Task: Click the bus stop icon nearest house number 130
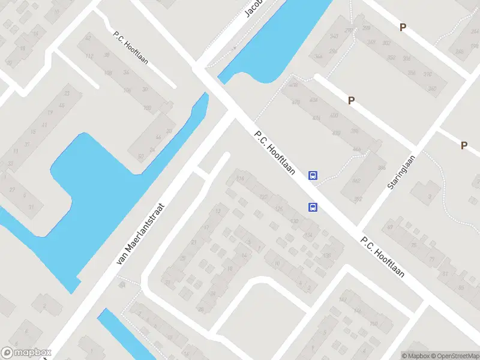pyautogui.click(x=313, y=207)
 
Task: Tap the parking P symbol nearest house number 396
pyautogui.click(x=351, y=101)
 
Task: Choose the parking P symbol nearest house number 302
pyautogui.click(x=403, y=27)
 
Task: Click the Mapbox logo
pyautogui.click(x=26, y=353)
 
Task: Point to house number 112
pyautogui.click(x=90, y=57)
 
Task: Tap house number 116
pyautogui.click(x=241, y=178)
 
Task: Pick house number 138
pyautogui.click(x=326, y=256)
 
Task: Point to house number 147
pyautogui.click(x=343, y=299)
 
